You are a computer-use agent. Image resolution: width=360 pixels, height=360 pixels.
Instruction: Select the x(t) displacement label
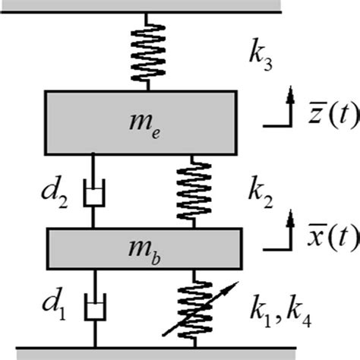322,238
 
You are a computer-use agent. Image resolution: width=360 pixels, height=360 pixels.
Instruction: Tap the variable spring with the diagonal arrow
196,308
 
